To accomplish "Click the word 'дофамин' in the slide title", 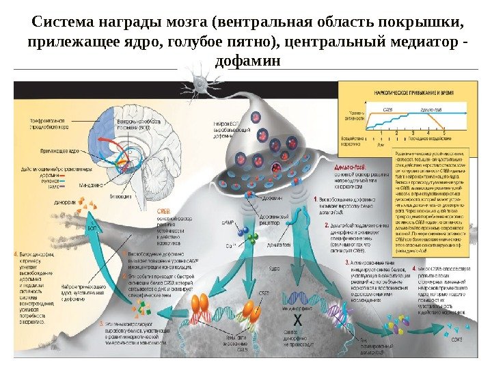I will click(x=247, y=61).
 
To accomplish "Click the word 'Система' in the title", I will click(x=62, y=21).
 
